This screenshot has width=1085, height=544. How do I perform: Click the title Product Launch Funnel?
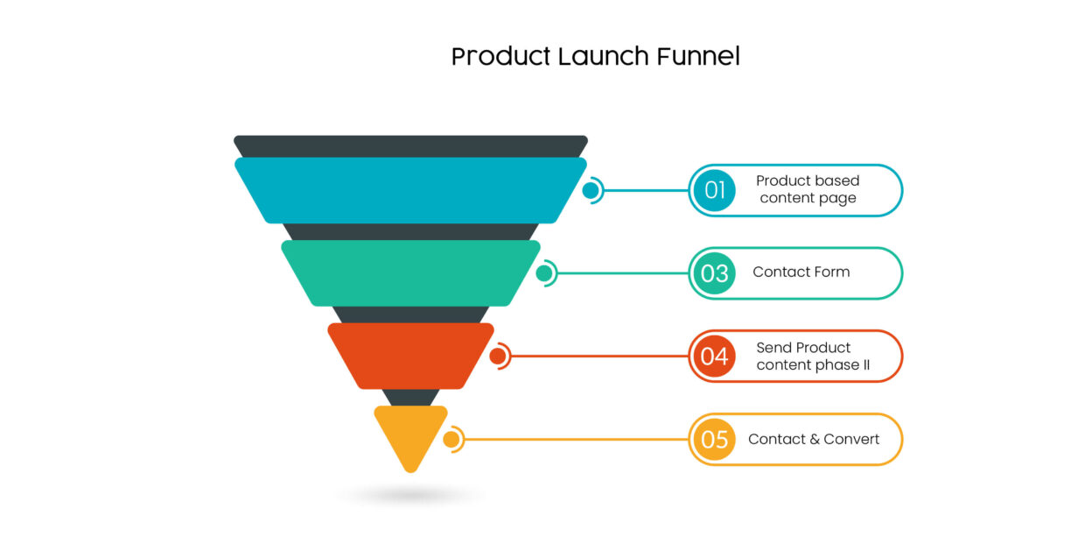[x=595, y=57]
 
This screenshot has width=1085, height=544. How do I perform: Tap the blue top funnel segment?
[x=410, y=190]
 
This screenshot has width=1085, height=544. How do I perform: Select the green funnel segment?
[x=410, y=273]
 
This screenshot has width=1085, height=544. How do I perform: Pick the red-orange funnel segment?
[x=410, y=356]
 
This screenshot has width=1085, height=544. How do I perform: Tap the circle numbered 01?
[x=715, y=190]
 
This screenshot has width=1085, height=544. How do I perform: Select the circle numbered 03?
[x=715, y=273]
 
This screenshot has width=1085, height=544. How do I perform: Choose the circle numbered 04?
[x=715, y=357]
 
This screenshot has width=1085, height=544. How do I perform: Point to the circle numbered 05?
[x=715, y=439]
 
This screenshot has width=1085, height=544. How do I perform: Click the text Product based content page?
[x=808, y=189]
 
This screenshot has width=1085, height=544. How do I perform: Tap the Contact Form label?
[x=801, y=272]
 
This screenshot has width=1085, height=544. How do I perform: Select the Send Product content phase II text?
[x=813, y=357]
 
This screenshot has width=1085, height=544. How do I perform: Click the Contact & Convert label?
[x=814, y=439]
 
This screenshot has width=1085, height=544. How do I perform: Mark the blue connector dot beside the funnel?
[x=591, y=190]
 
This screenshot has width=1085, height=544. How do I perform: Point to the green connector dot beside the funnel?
[x=544, y=273]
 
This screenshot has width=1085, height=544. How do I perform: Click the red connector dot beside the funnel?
[x=498, y=357]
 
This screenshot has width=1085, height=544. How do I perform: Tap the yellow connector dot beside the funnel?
[x=451, y=439]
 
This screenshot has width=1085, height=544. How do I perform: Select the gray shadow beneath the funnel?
[x=410, y=497]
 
